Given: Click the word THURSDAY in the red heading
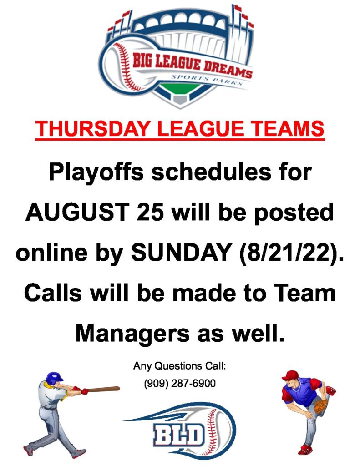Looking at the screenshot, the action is click(92, 128).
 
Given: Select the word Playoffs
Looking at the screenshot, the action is click(96, 173).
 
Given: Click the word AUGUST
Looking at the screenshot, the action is click(77, 212).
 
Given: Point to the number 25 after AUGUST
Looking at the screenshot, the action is click(151, 212).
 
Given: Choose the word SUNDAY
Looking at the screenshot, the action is click(182, 252).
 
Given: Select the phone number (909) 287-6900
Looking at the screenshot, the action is click(180, 383).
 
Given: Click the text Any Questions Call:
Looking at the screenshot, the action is click(180, 366).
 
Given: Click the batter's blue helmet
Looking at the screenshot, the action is click(55, 378).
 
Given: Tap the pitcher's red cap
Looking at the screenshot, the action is click(289, 375).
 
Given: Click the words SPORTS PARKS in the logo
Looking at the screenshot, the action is click(207, 80).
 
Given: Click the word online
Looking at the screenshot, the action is click(52, 253).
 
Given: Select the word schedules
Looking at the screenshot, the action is click(211, 172).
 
